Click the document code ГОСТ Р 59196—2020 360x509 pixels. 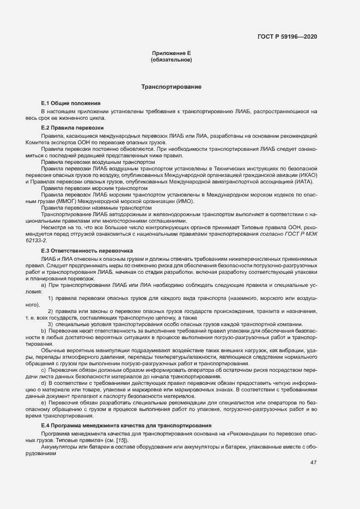pyautogui.click(x=288, y=36)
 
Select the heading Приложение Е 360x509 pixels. pyautogui.click(x=171, y=53)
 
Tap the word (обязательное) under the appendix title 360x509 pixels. pyautogui.click(x=171, y=59)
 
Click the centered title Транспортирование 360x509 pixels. pyautogui.click(x=172, y=87)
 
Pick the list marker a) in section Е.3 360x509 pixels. pyautogui.click(x=43, y=285)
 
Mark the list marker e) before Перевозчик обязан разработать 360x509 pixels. pyautogui.click(x=43, y=403)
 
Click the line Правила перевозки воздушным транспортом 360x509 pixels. pyautogui.click(x=94, y=162)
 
